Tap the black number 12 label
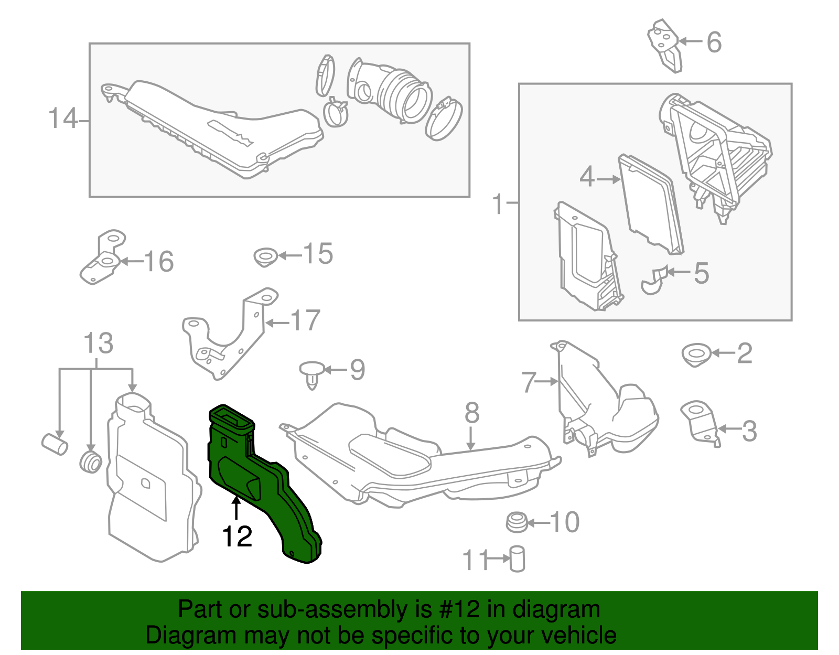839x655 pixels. (237, 536)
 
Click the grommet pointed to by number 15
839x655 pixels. (265, 257)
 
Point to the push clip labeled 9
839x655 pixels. (311, 373)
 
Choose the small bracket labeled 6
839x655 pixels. (665, 45)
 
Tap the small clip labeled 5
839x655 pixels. (654, 281)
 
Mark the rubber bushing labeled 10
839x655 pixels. (516, 522)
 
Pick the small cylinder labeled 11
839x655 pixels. (517, 559)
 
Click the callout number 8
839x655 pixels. (472, 413)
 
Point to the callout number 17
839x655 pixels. (305, 321)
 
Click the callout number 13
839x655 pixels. (99, 343)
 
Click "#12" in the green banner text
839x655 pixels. (456, 609)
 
